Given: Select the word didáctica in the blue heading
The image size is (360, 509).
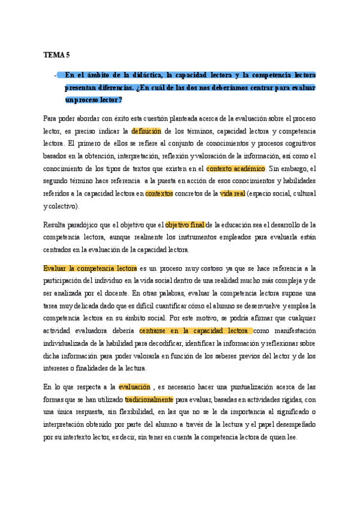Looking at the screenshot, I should point(145,75).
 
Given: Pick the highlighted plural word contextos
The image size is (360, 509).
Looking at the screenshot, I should point(159,193).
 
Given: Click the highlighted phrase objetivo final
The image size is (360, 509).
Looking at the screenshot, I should point(185,225).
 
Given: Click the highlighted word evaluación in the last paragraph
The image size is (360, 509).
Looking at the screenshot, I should point(135,387).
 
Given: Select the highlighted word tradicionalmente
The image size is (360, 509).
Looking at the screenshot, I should point(149,399).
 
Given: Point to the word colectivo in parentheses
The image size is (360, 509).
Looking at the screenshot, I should point(62,206).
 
